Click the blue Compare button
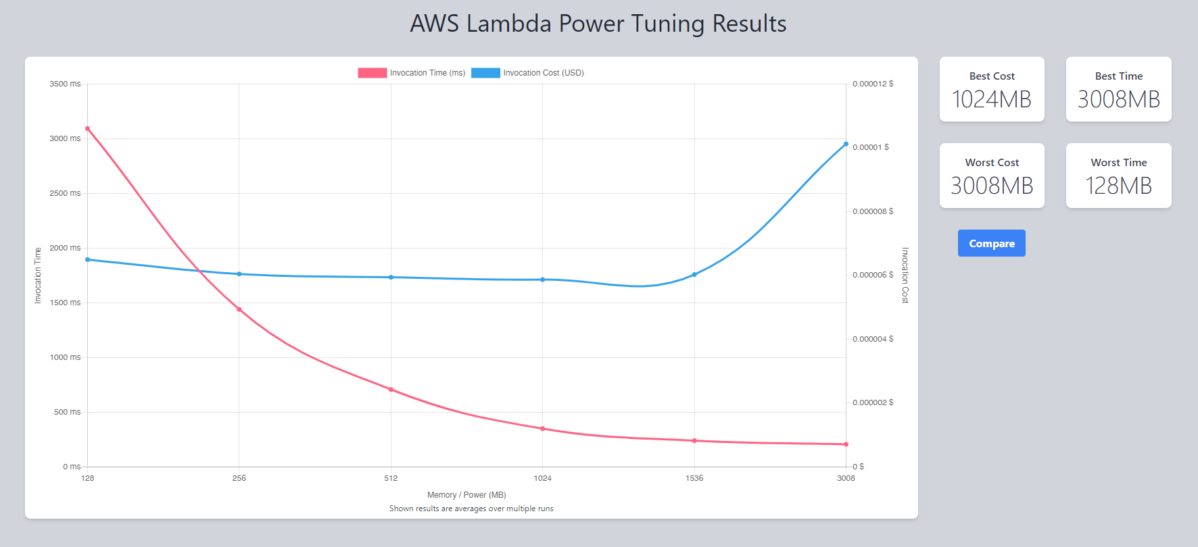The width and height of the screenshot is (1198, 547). [991, 243]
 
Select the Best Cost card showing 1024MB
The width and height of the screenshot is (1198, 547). [992, 89]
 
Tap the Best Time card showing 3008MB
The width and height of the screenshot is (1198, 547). [1118, 89]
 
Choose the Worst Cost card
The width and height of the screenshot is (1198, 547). [992, 176]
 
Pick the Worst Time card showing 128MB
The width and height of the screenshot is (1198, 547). [1118, 176]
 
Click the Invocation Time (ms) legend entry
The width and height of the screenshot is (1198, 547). [412, 73]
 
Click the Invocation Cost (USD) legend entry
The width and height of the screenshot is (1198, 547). [528, 73]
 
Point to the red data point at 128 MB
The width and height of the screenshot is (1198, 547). [88, 128]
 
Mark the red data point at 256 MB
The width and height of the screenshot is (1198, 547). [239, 309]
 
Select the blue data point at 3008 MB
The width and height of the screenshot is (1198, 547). [846, 144]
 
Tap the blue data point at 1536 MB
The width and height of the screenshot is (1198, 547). [694, 274]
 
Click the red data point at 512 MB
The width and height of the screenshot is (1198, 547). [391, 389]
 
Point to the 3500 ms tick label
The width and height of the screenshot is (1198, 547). [65, 84]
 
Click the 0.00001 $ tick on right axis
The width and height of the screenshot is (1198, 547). [871, 147]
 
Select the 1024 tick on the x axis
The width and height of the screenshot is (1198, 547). [542, 478]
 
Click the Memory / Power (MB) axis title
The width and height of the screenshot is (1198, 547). [466, 495]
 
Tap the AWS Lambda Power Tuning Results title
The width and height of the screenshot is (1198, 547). [598, 24]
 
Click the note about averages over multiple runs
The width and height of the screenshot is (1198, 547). [471, 509]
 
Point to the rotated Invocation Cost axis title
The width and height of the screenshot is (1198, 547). [905, 275]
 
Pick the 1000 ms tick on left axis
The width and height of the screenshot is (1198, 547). [65, 357]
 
